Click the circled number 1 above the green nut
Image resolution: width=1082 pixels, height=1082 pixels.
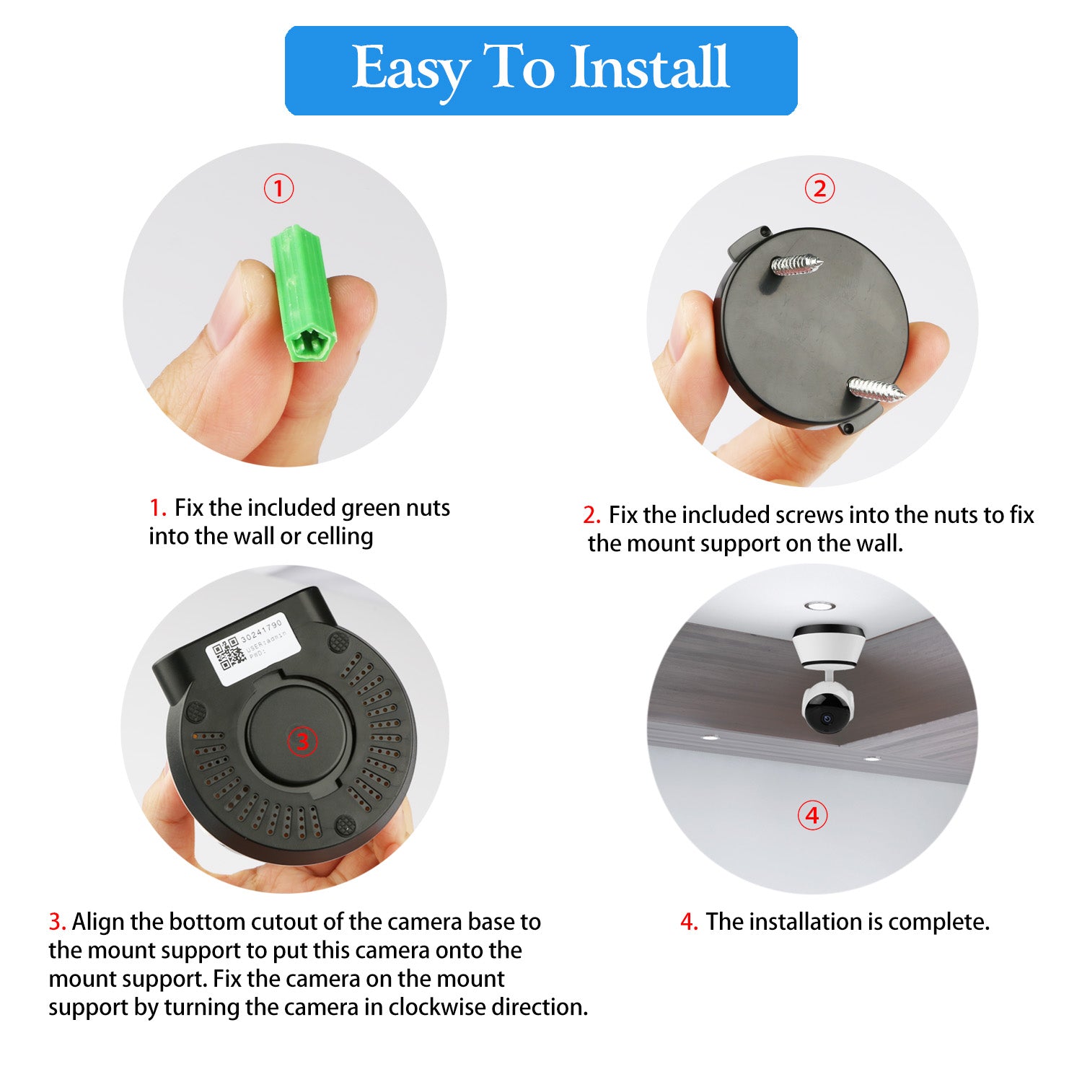(278, 189)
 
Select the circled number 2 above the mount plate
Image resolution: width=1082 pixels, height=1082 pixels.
(819, 189)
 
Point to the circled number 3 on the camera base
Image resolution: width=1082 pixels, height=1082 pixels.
(302, 742)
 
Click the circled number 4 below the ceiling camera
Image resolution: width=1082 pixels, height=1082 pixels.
(812, 815)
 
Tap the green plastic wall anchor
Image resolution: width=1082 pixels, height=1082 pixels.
(300, 294)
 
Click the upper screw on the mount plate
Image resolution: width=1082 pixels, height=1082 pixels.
(796, 264)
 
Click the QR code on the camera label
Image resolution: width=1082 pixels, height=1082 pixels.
(229, 653)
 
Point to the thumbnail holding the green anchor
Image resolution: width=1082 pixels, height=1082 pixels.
(229, 315)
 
